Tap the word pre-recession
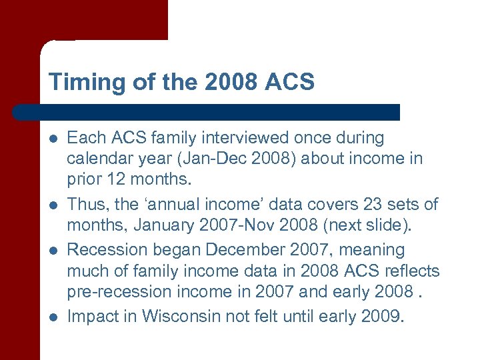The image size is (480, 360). coord(121,291)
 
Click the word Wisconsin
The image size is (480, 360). coord(179,316)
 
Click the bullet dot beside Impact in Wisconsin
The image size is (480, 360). coord(53,317)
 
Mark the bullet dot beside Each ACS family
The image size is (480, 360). coord(53,139)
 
